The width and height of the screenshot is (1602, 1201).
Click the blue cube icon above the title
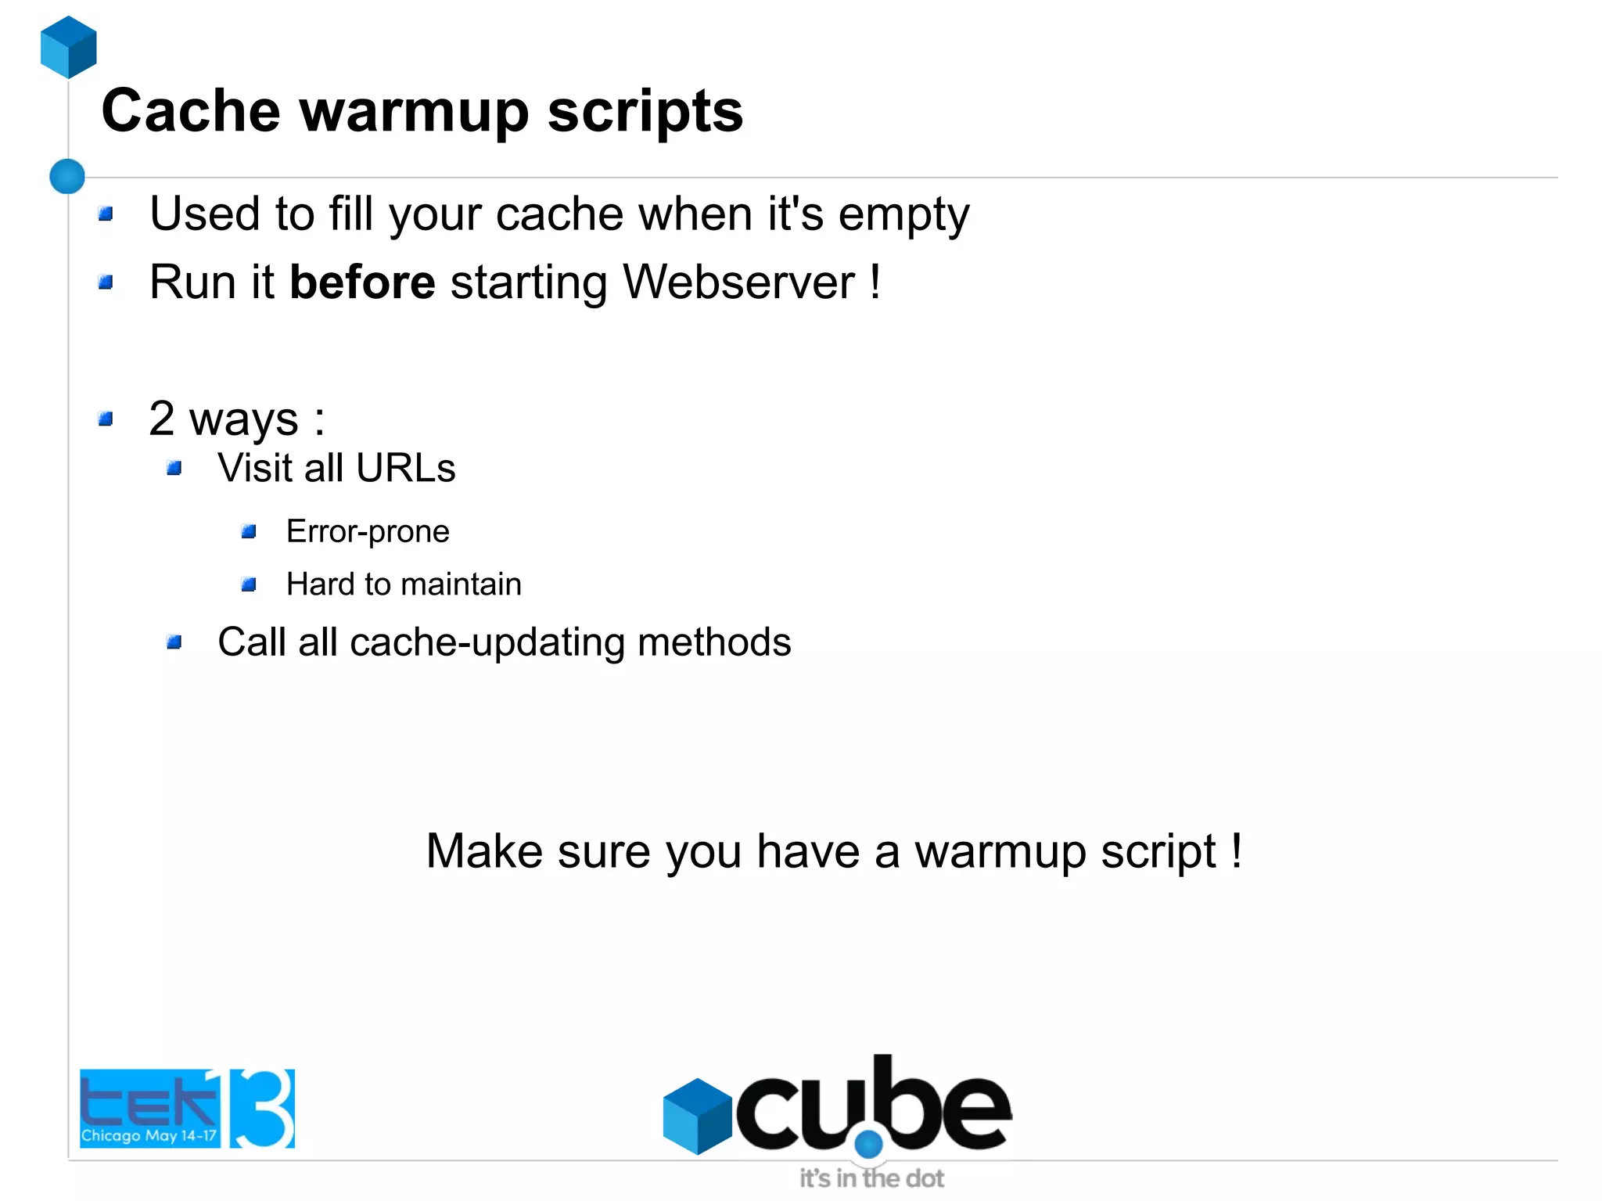pos(69,47)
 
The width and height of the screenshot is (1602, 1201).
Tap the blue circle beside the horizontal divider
pos(67,176)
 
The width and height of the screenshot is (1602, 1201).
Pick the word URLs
pos(405,468)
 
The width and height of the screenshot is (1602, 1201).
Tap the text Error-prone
pos(368,531)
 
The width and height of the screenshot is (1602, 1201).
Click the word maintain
pos(461,584)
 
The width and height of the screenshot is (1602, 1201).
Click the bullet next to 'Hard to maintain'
pos(250,584)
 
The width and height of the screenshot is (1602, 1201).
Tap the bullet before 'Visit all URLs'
pos(174,469)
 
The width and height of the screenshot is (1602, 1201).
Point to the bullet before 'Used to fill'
pos(106,214)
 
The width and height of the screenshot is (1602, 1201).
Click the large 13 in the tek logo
pos(261,1108)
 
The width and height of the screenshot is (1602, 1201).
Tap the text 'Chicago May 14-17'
pos(149,1135)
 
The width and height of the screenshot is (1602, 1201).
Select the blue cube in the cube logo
pos(697,1116)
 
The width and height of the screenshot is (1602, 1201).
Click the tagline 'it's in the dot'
pos(871,1178)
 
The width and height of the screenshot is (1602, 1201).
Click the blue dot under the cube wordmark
pos(868,1145)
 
